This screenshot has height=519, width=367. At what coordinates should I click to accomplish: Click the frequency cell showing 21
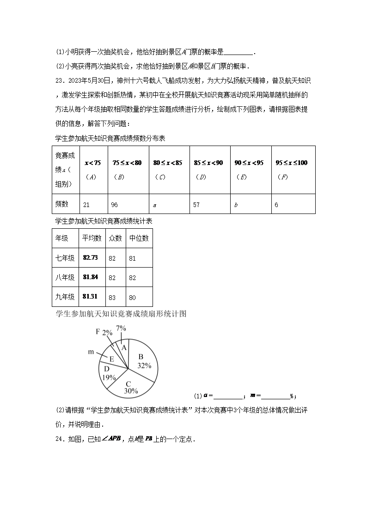[86, 204]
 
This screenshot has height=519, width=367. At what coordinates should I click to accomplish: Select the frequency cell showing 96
[116, 204]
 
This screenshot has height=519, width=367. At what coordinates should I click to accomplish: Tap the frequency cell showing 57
[196, 204]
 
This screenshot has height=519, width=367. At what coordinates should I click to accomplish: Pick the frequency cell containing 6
[276, 204]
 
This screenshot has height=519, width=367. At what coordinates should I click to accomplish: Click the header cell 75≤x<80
[127, 163]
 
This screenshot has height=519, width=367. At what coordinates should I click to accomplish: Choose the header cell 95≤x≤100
[291, 163]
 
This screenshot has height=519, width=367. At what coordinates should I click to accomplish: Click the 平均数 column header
[92, 238]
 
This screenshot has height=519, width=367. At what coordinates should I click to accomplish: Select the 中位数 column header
[139, 238]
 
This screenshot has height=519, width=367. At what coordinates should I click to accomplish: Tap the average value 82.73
[91, 257]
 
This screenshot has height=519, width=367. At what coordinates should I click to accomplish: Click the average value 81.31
[91, 296]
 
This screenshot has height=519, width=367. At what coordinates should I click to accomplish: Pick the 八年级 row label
[65, 277]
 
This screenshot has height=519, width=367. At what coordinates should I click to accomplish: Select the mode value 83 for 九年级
[112, 297]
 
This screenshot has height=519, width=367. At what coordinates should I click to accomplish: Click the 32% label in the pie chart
[144, 365]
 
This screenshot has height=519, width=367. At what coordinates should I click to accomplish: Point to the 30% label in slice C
[131, 391]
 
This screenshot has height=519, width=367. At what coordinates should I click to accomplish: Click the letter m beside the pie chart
[91, 352]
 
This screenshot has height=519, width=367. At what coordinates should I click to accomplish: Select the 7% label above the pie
[121, 328]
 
